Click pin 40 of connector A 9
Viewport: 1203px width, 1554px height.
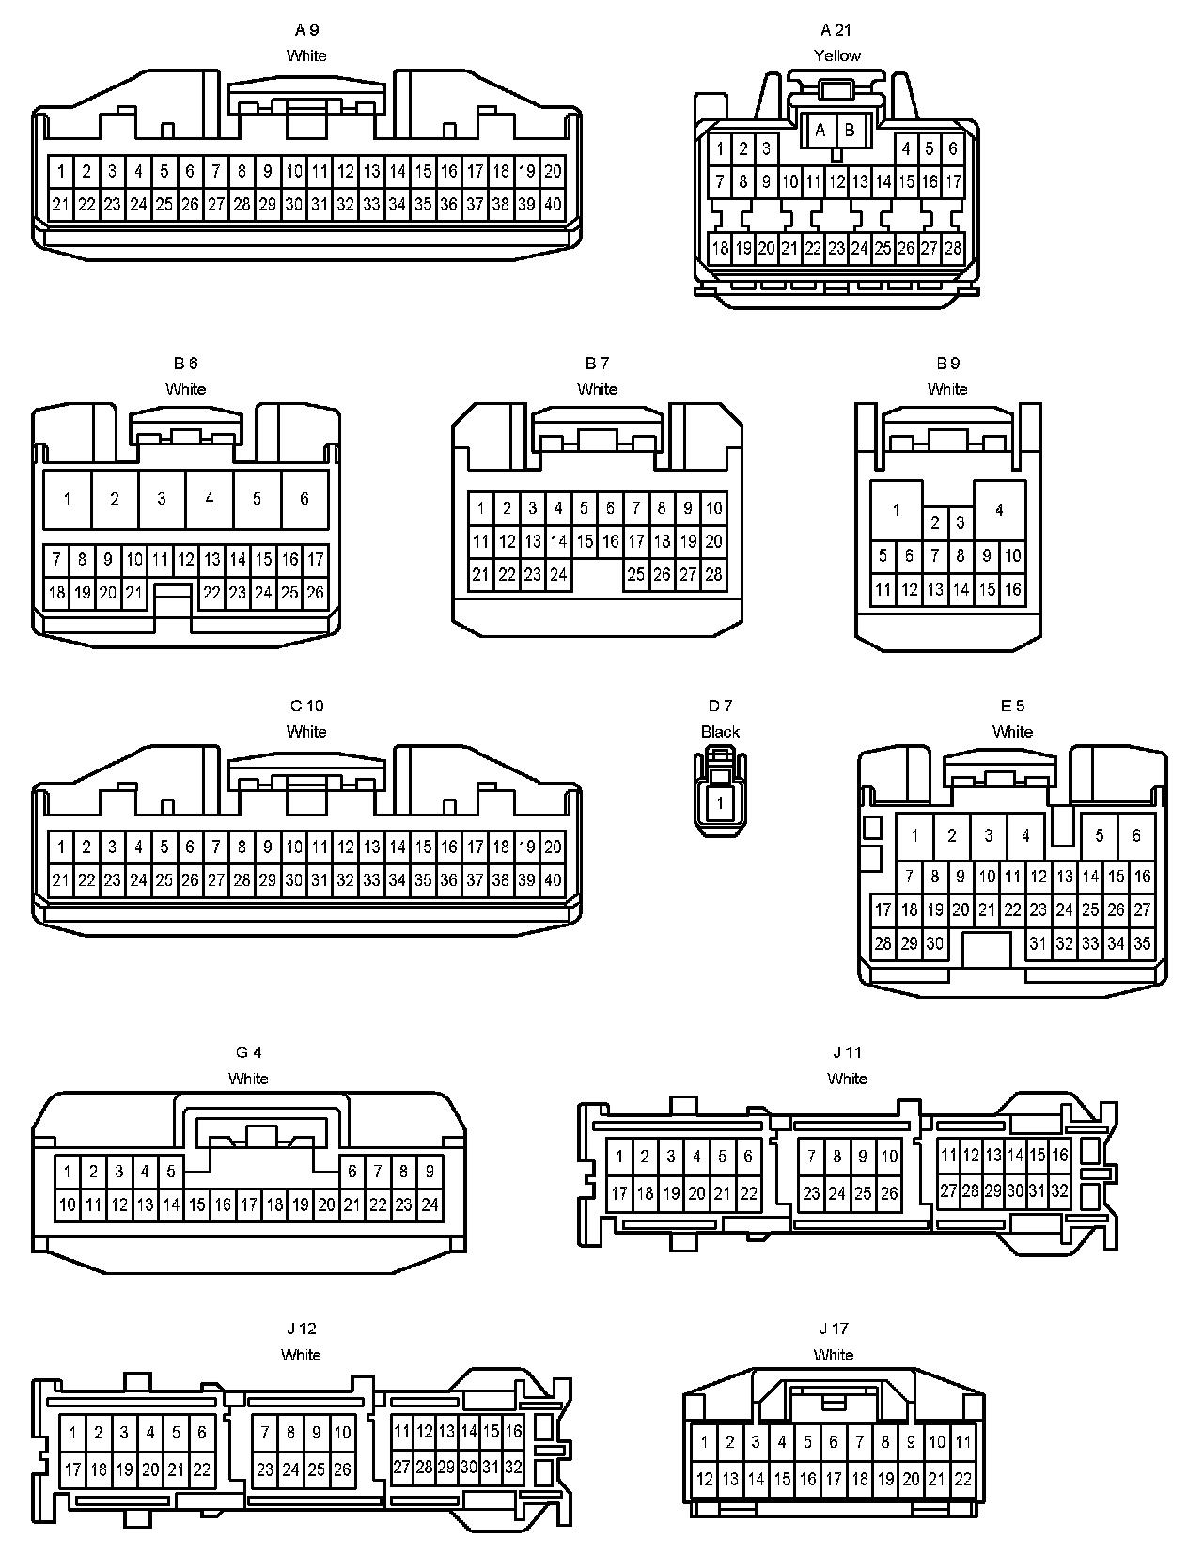click(x=553, y=204)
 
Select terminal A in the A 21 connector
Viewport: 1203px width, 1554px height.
click(x=820, y=130)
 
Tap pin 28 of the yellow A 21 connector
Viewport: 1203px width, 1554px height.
click(x=953, y=248)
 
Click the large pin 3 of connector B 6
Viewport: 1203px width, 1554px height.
click(x=162, y=498)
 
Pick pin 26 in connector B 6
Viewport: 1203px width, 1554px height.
click(x=316, y=592)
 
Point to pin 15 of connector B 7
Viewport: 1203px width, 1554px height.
click(x=585, y=541)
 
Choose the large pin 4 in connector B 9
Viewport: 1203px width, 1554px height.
click(x=999, y=509)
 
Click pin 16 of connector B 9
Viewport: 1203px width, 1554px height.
click(x=1012, y=589)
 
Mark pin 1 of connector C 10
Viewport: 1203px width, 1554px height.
click(x=61, y=847)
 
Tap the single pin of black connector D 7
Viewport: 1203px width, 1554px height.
click(x=720, y=803)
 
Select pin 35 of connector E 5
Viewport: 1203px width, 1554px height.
click(x=1142, y=943)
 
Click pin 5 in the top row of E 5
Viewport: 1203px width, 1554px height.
click(x=1100, y=834)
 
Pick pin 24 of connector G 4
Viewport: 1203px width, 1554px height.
click(x=430, y=1204)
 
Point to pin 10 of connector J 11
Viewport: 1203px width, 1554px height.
click(x=889, y=1157)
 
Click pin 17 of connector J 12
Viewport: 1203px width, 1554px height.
click(x=72, y=1469)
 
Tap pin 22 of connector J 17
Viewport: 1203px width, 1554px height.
click(x=962, y=1478)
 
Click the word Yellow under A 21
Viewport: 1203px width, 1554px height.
click(x=836, y=55)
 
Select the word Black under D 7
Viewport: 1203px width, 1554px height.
click(x=720, y=732)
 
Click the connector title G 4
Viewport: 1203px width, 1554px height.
click(x=248, y=1052)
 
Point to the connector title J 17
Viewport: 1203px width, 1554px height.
click(x=833, y=1329)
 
